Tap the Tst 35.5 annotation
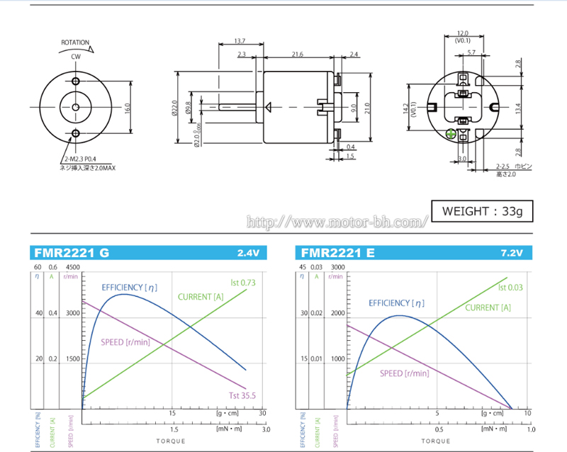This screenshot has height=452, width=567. pos(241,396)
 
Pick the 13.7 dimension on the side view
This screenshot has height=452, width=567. pos(240,40)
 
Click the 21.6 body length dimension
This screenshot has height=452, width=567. pos(297,54)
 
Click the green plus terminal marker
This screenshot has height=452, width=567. pos(450,133)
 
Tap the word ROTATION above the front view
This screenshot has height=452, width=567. pos(75,43)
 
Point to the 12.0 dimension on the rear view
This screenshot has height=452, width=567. pos(463,33)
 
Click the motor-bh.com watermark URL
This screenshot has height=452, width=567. pos(337,222)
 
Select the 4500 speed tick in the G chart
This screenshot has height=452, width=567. pos(74,266)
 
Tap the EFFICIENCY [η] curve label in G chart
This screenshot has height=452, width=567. pos(129,287)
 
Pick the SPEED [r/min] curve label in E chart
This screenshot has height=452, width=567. pos(404,373)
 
